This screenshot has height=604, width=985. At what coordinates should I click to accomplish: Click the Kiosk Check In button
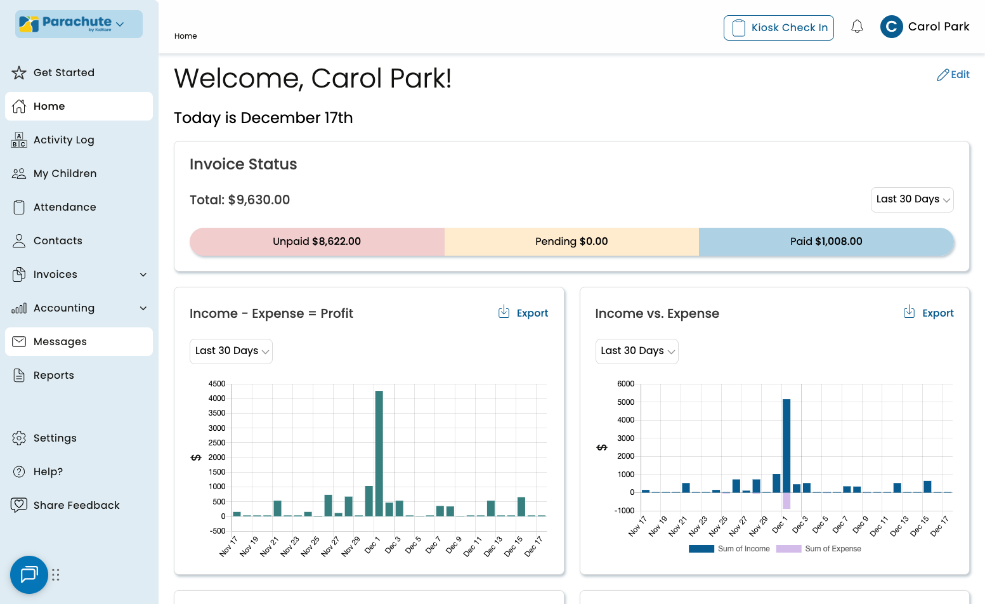(778, 28)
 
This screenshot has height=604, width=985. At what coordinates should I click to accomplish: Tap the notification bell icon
(857, 27)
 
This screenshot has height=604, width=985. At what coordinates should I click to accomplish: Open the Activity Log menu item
(63, 140)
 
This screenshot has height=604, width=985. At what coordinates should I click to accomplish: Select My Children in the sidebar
(65, 174)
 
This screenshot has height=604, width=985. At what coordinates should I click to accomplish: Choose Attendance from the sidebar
(65, 207)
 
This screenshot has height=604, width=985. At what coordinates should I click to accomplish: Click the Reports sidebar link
(54, 376)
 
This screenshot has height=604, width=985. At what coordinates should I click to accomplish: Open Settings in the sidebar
(55, 438)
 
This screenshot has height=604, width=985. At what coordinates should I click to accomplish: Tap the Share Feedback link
(76, 506)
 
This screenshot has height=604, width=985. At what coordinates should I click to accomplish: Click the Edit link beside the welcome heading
(953, 75)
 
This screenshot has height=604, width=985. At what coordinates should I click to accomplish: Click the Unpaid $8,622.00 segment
(317, 242)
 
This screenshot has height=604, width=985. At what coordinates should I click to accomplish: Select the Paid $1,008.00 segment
(826, 242)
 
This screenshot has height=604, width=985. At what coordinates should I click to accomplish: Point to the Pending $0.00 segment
(571, 242)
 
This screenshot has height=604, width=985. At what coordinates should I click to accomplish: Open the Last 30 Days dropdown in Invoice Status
(912, 200)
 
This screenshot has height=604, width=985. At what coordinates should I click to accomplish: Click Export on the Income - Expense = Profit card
(523, 313)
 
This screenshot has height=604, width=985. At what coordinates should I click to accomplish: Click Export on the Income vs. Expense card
(929, 313)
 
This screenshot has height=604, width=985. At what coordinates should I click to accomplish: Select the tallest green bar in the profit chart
(379, 453)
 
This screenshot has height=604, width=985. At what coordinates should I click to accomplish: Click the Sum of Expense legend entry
(819, 549)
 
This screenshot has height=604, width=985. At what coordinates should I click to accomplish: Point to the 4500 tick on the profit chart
(217, 384)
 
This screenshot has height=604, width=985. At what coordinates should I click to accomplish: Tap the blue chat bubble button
(29, 575)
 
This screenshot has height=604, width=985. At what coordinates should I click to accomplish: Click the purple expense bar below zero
(786, 501)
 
